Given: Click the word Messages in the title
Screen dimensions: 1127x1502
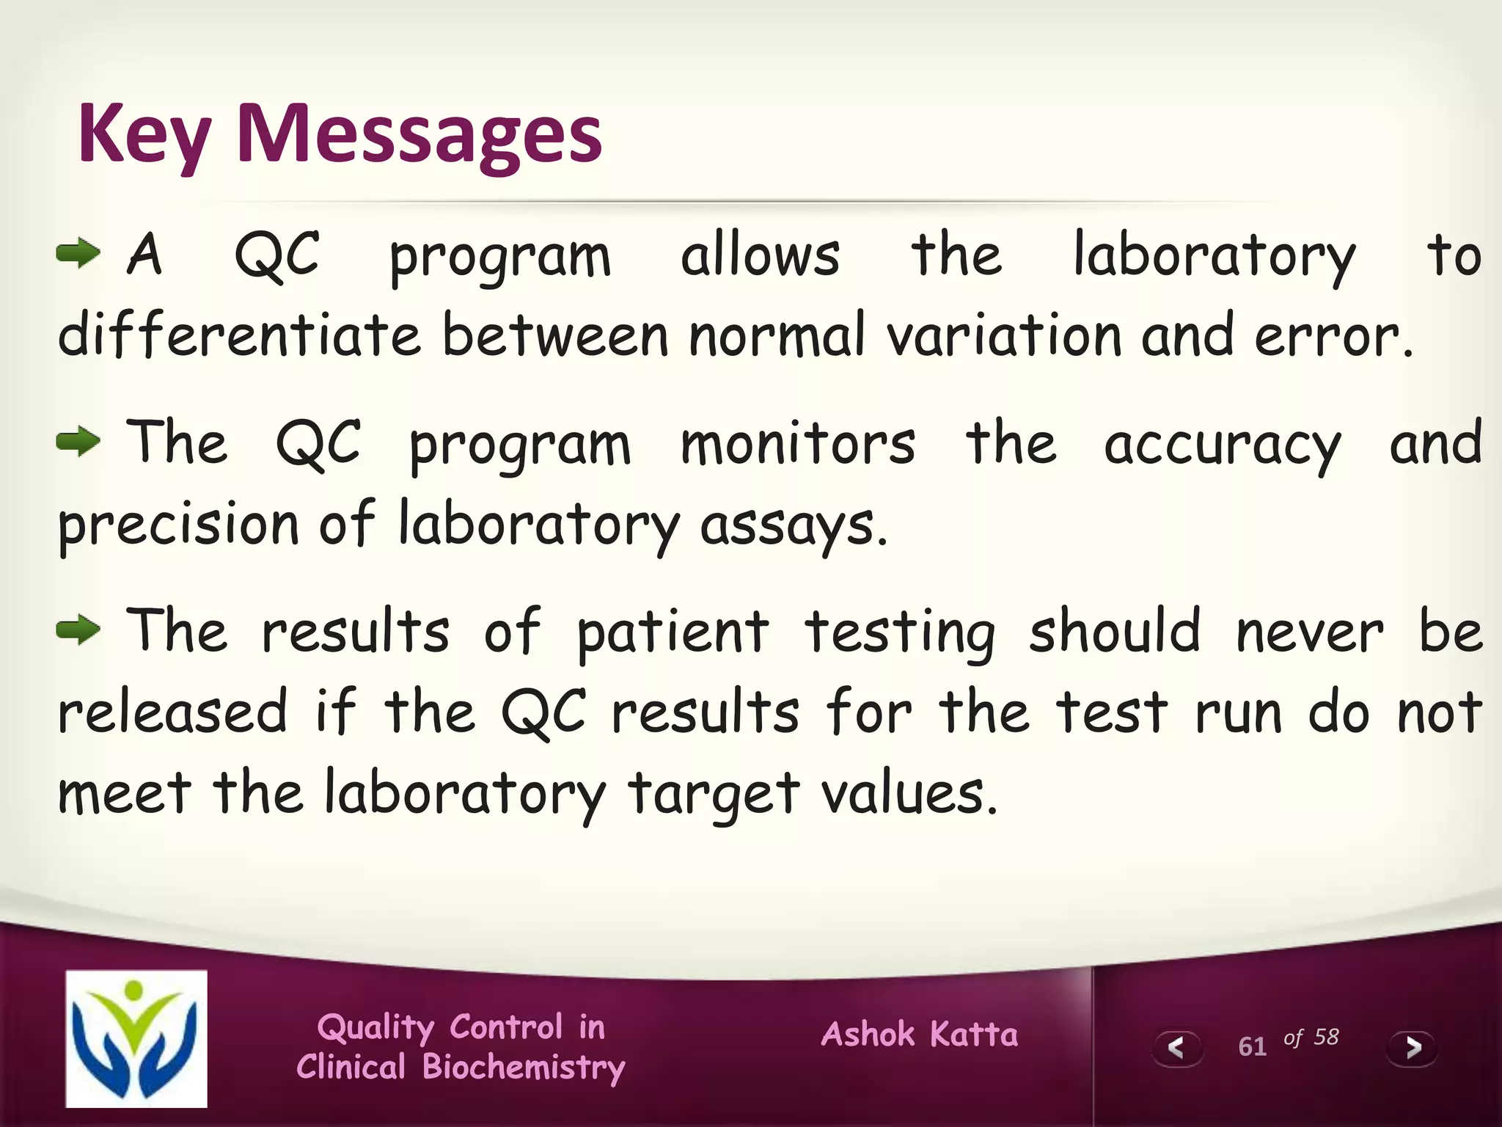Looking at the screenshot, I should click(419, 134).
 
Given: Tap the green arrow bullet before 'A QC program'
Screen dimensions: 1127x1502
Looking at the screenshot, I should click(78, 254).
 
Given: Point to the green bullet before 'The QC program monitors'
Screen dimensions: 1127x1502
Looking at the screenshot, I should click(78, 442).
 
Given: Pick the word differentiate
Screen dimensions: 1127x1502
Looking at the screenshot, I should click(239, 335).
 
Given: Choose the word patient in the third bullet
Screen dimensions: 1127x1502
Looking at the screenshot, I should click(673, 632).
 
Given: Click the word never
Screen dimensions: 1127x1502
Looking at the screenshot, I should click(1310, 632).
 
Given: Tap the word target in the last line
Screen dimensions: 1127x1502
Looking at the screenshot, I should click(713, 794).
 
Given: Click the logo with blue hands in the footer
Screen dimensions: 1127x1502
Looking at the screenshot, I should click(136, 1038).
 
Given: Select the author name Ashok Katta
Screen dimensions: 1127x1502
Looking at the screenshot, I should click(920, 1034).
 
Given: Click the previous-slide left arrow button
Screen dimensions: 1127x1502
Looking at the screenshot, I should click(1176, 1047).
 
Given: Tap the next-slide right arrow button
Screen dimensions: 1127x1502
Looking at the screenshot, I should click(1412, 1047).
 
